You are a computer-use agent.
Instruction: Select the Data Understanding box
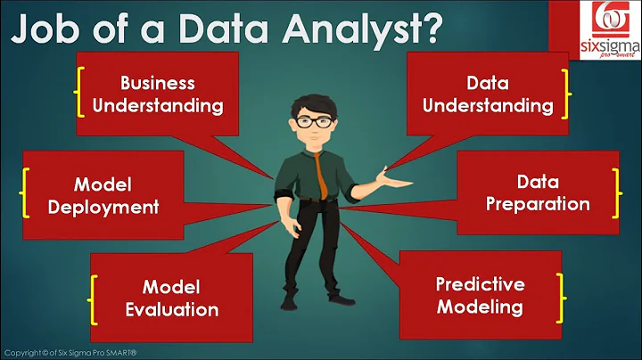[x=488, y=94]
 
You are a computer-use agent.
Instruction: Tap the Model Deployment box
[x=105, y=195]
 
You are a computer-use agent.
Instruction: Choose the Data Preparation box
[x=539, y=192]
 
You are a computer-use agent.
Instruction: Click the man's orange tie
[x=319, y=174]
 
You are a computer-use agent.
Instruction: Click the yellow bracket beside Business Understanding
[x=81, y=94]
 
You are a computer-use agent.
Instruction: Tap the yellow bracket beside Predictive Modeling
[x=562, y=296]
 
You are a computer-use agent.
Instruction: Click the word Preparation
[x=539, y=204]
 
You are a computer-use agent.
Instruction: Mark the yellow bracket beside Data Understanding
[x=565, y=94]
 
